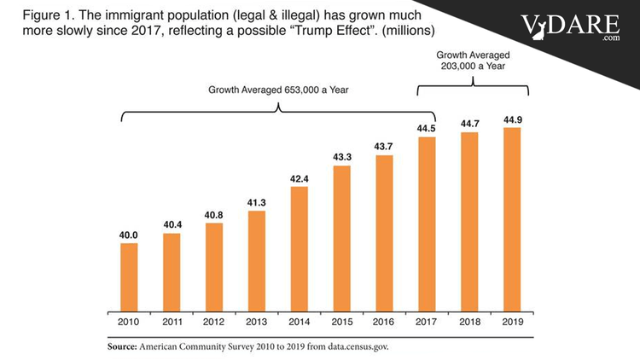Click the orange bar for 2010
pos(130,279)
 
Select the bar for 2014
pos(300,250)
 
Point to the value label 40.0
pos(130,235)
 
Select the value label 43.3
pos(342,157)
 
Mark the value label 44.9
pos(513,119)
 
